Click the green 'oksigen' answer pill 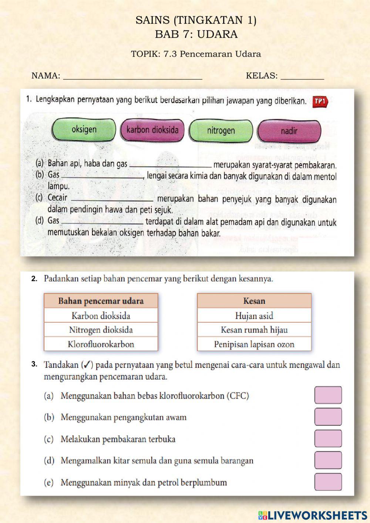(84, 130)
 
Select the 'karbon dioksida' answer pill (152, 130)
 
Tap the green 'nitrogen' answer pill (221, 131)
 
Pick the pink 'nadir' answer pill (289, 131)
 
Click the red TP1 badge (320, 101)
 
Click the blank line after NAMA (133, 77)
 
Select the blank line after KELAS (302, 77)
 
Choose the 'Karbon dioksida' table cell (101, 316)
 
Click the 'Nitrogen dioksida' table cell (101, 330)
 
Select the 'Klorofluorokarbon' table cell (101, 344)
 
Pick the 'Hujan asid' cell (254, 316)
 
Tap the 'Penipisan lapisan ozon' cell (254, 344)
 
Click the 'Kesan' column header (254, 301)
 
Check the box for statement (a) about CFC (328, 395)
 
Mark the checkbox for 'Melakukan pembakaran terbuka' (328, 439)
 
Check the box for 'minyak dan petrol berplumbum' (328, 482)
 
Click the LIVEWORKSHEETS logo (313, 515)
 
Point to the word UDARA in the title (217, 34)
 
